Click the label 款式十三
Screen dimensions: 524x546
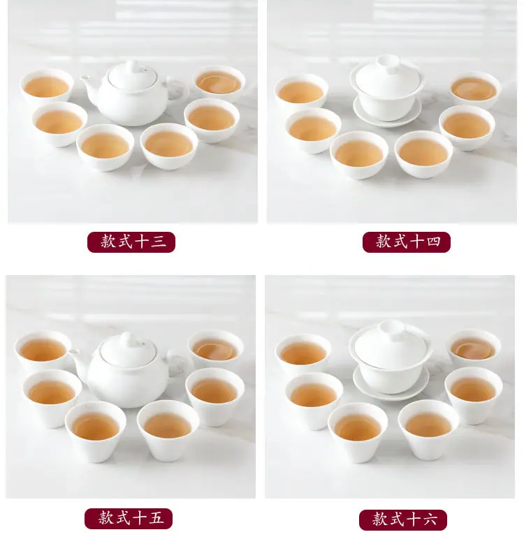click(131, 242)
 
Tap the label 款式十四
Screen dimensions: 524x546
click(406, 242)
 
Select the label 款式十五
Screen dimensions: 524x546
click(129, 519)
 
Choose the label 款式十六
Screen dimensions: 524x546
click(403, 520)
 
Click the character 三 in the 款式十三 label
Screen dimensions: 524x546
click(158, 242)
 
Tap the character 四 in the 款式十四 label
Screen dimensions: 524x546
click(433, 242)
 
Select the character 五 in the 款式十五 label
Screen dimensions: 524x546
click(156, 518)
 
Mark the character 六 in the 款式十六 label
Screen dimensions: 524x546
click(430, 519)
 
